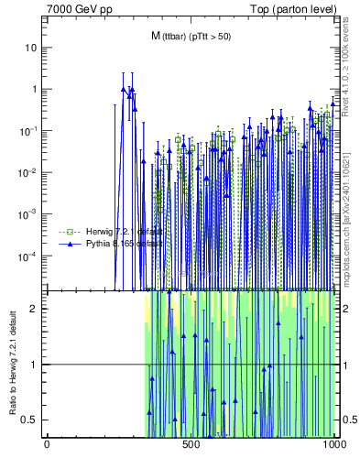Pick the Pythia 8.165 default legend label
click(x=118, y=245)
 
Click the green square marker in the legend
click(x=66, y=232)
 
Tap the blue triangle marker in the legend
click(x=66, y=245)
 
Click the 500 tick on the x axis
click(x=191, y=445)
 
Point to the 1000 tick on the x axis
click(x=334, y=445)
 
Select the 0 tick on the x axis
click(x=47, y=445)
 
